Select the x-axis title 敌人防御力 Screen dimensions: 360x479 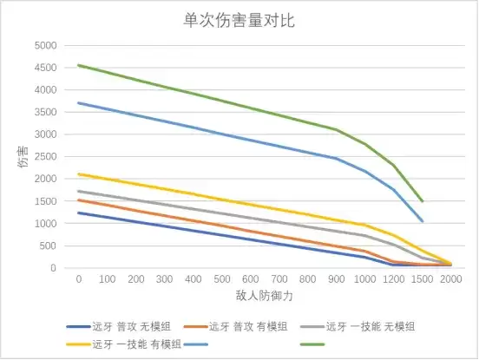click(x=265, y=296)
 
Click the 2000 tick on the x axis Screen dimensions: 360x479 click(x=450, y=279)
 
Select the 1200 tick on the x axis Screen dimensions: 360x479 click(x=393, y=279)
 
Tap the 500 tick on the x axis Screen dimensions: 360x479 click(x=221, y=279)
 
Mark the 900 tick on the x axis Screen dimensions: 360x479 click(x=336, y=279)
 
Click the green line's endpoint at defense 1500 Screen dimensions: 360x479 click(x=422, y=201)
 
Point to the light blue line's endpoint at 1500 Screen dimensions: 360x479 click(x=422, y=221)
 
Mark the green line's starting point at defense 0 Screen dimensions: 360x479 click(x=78, y=65)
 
